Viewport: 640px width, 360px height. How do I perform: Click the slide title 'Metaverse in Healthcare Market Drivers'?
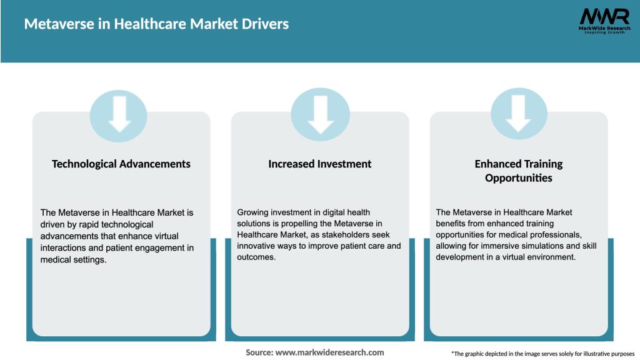156,24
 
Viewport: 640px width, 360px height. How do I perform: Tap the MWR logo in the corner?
604,16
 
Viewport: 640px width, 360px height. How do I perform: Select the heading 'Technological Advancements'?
121,164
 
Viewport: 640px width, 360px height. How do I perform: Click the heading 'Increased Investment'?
320,164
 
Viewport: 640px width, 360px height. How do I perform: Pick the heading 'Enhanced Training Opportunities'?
519,171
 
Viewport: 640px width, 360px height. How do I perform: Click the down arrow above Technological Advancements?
119,115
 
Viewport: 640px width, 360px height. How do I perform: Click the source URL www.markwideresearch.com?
329,352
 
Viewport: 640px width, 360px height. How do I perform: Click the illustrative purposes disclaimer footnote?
542,354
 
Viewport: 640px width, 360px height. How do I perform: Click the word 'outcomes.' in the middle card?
256,257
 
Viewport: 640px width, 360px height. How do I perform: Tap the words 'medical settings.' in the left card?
73,259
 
